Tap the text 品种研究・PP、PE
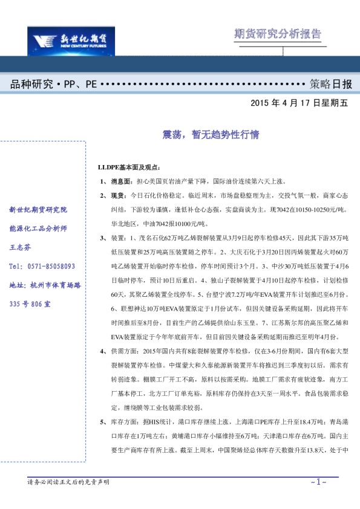point(53,84)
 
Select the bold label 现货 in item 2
point(116,196)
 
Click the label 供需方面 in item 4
point(125,351)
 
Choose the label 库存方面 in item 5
point(125,423)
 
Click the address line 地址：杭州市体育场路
point(45,285)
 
